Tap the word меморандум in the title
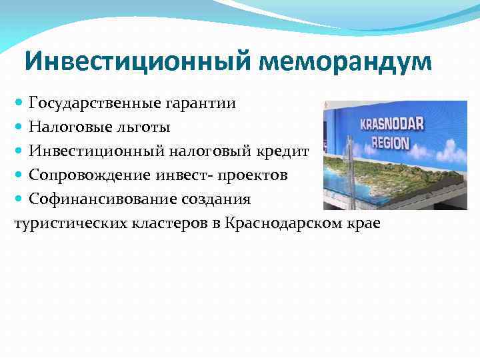point(345,62)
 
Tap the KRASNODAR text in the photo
point(393,125)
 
